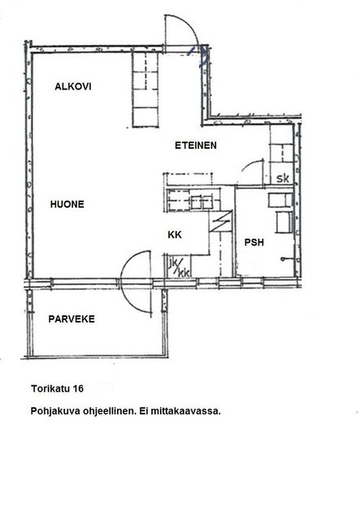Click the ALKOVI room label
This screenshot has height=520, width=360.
73,87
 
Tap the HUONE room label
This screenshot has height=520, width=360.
67,204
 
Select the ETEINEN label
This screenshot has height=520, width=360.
196,145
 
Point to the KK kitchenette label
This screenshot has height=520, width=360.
175,235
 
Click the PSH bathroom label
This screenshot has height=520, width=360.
254,242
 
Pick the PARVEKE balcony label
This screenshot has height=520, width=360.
72,319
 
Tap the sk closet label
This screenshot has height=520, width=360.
283,179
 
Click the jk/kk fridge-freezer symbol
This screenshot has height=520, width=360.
179,266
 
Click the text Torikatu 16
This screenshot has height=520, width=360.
58,388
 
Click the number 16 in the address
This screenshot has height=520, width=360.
78,388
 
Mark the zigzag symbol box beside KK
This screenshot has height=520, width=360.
220,221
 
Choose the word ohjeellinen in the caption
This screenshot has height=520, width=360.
110,411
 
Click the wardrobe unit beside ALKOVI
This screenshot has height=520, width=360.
145,89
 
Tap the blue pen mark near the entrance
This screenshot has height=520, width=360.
198,54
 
